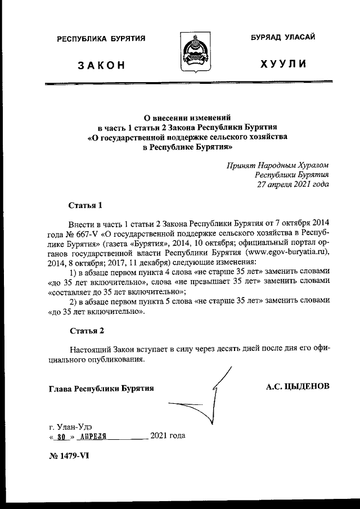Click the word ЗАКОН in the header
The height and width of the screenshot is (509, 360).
101,66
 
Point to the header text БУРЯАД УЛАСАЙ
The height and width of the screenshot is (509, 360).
283,37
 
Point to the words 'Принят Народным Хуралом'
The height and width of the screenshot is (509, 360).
278,165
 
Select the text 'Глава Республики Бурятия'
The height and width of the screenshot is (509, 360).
101,388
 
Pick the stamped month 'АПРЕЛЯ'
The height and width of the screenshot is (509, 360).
93,436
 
